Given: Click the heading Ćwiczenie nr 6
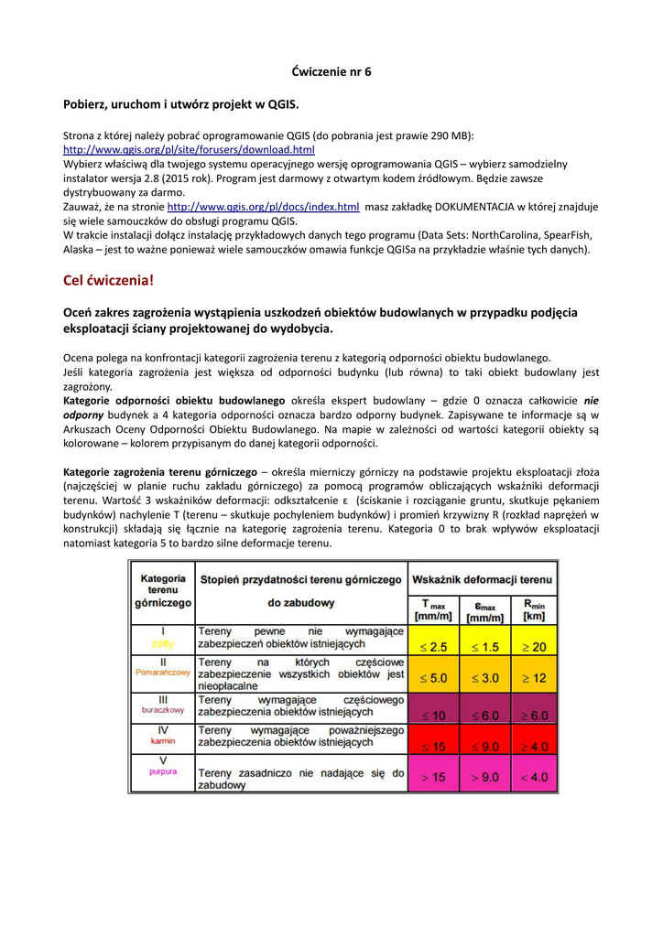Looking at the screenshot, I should [331, 71].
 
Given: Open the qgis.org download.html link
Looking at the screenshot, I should [189, 149].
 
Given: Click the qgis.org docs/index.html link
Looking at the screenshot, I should [263, 208].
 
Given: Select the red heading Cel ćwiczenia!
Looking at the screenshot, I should [108, 280].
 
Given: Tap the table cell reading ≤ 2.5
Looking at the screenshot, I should [433, 647].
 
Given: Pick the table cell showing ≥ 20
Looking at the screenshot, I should [534, 647].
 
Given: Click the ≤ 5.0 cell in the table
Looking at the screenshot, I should [433, 679].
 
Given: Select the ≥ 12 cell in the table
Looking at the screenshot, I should [534, 679].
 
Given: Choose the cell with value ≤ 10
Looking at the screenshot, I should [433, 716].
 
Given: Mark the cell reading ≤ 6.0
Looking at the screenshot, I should [484, 716].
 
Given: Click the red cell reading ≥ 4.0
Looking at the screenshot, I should [534, 747].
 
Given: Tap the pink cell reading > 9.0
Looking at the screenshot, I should [484, 778].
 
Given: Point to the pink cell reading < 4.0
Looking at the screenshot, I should [534, 778].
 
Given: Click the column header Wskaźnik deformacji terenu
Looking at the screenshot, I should [483, 579].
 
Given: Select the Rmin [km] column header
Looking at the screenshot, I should [534, 610].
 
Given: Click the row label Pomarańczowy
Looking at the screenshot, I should [163, 673].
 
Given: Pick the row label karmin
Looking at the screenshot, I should [163, 741].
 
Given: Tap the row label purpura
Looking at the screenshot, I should [163, 772].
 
